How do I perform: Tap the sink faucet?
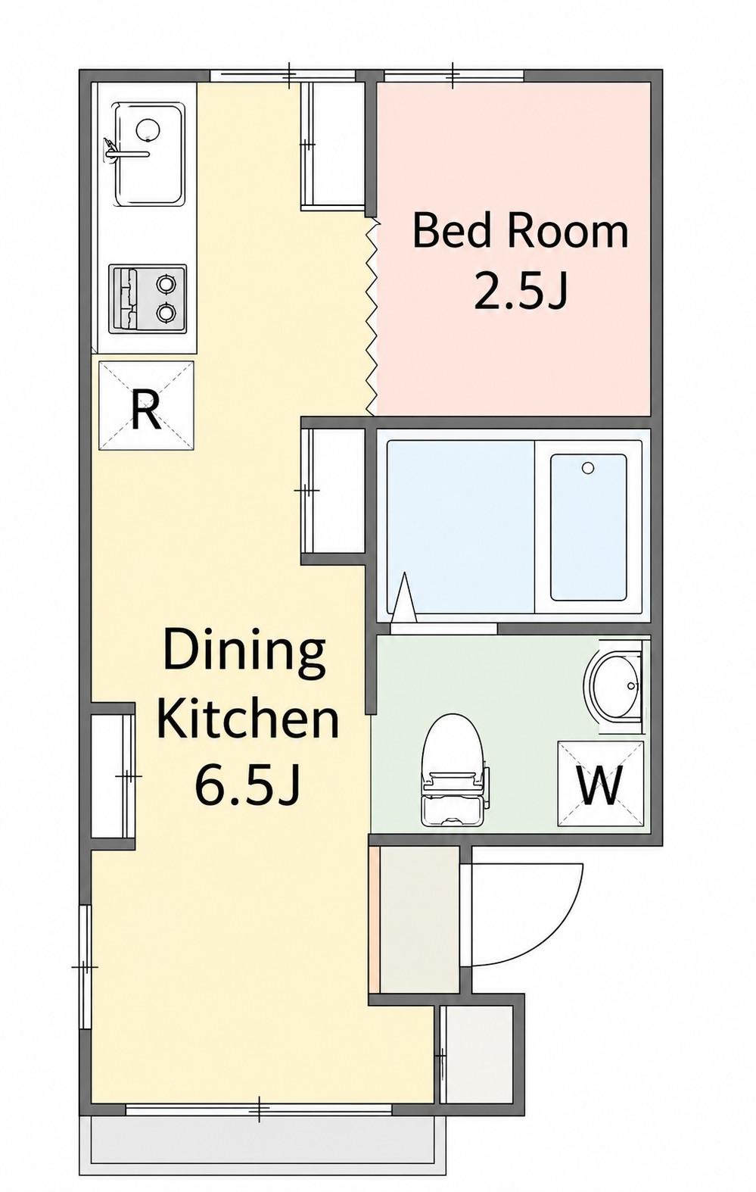126,151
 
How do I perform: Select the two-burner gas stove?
148,298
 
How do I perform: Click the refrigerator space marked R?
145,405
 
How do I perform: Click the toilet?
453,770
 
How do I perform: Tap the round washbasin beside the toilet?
614,684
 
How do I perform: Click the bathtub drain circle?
587,468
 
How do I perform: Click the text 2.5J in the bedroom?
521,289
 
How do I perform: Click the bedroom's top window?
453,76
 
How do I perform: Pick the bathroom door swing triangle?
404,597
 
